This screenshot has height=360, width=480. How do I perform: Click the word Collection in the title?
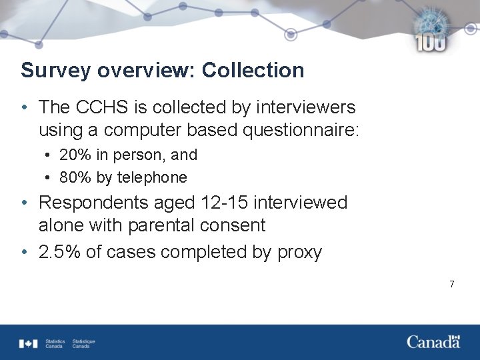tap(253, 70)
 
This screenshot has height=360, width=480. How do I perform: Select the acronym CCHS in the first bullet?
tap(93, 107)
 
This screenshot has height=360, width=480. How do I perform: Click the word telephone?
tap(152, 177)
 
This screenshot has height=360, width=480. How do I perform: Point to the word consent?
tap(234, 225)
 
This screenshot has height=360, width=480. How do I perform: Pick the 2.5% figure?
tap(57, 253)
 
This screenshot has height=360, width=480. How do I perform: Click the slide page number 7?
tap(452, 285)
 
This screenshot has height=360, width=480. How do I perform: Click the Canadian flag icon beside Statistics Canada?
tap(29, 343)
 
